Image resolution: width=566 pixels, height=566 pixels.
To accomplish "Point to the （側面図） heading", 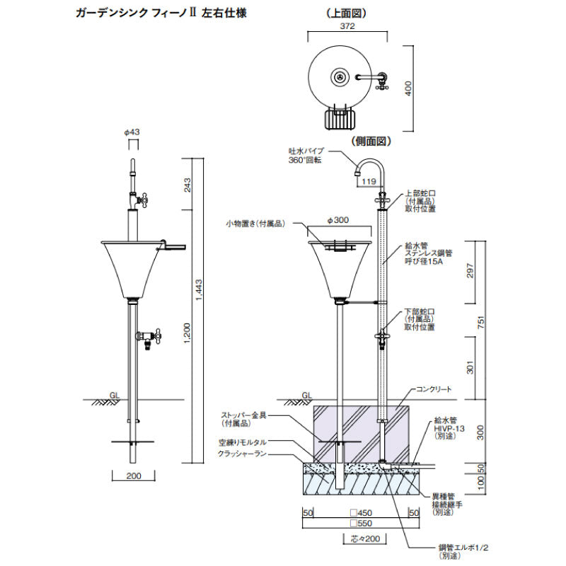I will (371, 141).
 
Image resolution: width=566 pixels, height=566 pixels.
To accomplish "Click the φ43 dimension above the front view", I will (132, 132).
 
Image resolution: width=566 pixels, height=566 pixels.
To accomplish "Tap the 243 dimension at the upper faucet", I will (187, 185).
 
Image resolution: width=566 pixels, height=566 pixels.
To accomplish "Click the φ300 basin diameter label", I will (339, 220).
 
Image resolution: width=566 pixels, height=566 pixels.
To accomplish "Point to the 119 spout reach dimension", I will (369, 182).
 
